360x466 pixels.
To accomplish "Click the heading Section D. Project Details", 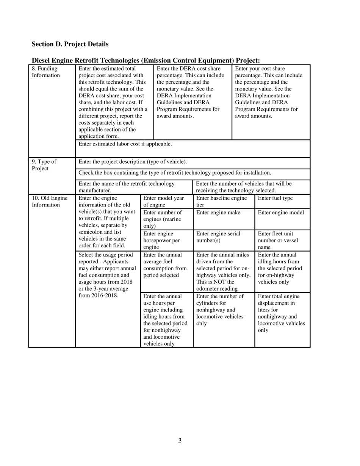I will point(70,44).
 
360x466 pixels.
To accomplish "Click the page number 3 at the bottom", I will point(180,441).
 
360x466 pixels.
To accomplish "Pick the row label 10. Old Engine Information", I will point(49,202).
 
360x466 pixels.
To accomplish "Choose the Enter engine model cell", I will point(281,213).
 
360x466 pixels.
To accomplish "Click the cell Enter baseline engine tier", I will point(222,202).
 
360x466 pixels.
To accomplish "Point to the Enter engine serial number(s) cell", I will point(218,237).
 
